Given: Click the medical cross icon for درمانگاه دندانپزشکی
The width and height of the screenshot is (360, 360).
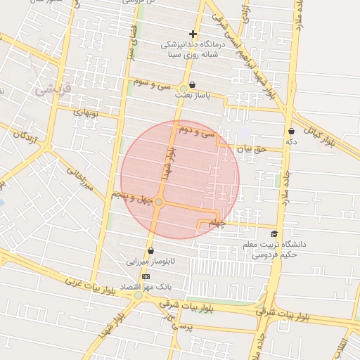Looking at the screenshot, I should [x=193, y=34].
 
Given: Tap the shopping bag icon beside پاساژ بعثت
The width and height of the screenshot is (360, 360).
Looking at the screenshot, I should [x=192, y=85].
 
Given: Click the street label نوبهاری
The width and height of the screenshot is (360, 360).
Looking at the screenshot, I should [x=87, y=112].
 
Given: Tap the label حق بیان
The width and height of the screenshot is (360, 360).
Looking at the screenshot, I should [x=252, y=149].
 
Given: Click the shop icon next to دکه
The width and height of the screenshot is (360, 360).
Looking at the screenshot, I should [x=291, y=131].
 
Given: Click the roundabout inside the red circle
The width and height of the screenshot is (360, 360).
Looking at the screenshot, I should [x=160, y=202].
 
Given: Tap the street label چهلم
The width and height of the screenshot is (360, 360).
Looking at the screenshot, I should [x=217, y=224].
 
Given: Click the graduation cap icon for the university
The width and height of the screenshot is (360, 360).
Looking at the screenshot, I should [x=274, y=234].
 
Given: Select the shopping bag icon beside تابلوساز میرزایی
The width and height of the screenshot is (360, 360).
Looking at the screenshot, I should [x=150, y=251].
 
